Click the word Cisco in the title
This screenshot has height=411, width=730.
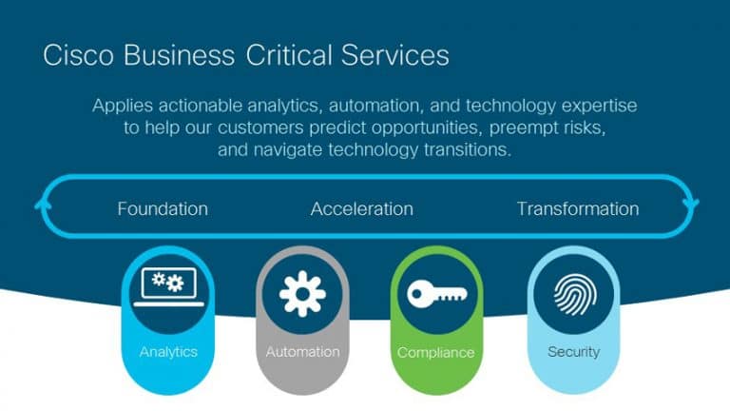tap(78, 55)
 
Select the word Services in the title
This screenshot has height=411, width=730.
tap(395, 55)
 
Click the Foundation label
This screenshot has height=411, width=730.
tap(163, 208)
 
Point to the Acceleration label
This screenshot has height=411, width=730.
tap(362, 208)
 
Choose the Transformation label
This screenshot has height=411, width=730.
tap(578, 208)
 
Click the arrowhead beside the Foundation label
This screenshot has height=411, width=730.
tap(44, 205)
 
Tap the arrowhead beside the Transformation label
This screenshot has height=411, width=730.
tap(690, 205)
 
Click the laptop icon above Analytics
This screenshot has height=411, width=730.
tap(168, 287)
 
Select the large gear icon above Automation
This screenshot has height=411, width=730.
tap(302, 294)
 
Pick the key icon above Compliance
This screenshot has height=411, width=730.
tap(436, 295)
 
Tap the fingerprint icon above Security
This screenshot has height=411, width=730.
tap(574, 295)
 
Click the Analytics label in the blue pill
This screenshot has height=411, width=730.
tap(168, 352)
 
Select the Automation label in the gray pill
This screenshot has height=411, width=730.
tap(302, 352)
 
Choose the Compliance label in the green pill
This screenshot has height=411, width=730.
tap(436, 353)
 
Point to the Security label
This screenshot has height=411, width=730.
tap(573, 352)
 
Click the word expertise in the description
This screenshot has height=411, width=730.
tap(599, 106)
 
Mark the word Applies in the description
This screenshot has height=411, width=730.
tap(123, 106)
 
